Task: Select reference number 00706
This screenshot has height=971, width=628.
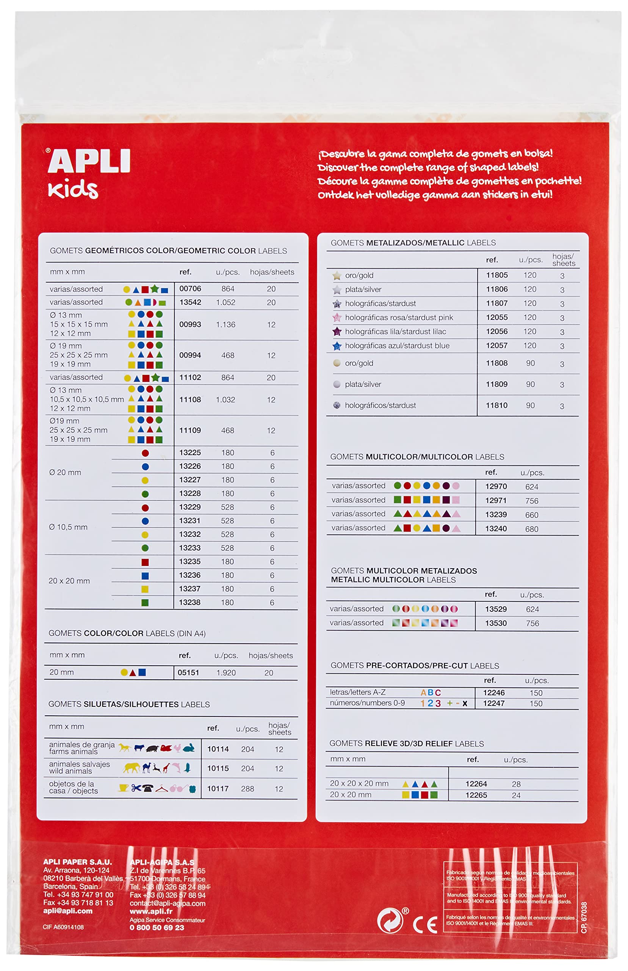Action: coord(190,289)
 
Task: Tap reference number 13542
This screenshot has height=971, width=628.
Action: coord(190,302)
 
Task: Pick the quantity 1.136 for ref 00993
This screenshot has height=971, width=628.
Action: coord(226,325)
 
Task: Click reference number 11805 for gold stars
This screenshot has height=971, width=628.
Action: coord(497,275)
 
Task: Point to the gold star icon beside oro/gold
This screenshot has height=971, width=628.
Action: coord(337,276)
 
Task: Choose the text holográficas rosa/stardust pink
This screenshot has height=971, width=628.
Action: coord(399,317)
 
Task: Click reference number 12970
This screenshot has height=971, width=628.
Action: coord(496,486)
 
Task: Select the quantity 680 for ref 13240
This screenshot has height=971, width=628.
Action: coord(532,529)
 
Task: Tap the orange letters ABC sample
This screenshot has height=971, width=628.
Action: coord(431,693)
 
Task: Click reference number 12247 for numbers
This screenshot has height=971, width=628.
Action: coord(494,703)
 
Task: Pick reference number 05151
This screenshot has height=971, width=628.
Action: coord(188,672)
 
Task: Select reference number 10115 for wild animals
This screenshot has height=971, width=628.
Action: coord(218,768)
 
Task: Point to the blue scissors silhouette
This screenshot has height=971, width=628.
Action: coord(136,788)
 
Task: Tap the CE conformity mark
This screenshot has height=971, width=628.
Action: coord(425,925)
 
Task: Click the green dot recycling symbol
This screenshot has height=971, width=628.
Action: coord(390,921)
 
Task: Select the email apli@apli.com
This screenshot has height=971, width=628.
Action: coord(68,911)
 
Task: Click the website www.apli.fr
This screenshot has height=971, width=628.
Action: coord(151,911)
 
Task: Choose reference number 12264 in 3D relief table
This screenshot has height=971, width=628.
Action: coord(476,784)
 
